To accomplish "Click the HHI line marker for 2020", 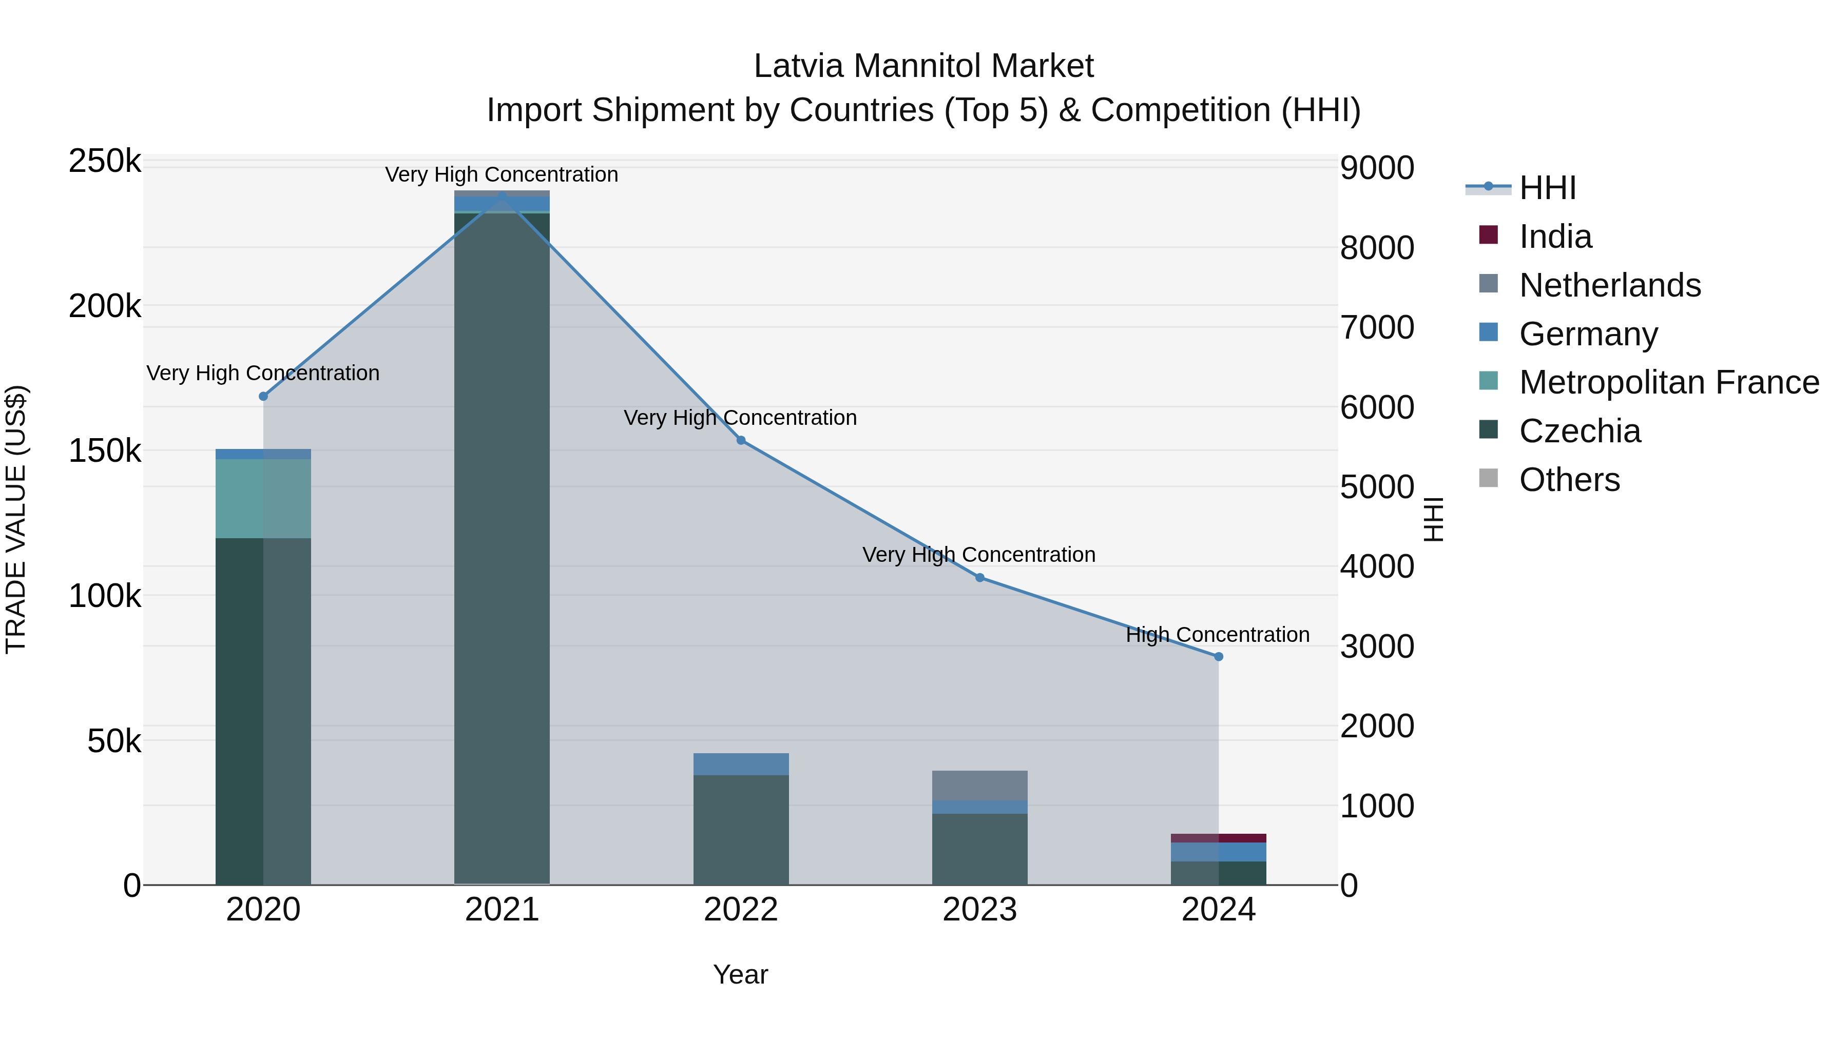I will click(263, 397).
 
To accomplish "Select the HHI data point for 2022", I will click(741, 440).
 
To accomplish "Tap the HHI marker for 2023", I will click(980, 578).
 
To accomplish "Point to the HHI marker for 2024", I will click(1218, 657).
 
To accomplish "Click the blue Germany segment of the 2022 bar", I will click(741, 764).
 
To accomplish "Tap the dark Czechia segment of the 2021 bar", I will click(502, 545).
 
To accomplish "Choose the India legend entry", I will click(1555, 237).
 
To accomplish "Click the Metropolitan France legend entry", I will click(1669, 382).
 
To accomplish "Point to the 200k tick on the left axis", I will click(105, 307).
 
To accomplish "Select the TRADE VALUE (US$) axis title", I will click(16, 519).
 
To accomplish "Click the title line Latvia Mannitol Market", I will click(923, 66).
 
